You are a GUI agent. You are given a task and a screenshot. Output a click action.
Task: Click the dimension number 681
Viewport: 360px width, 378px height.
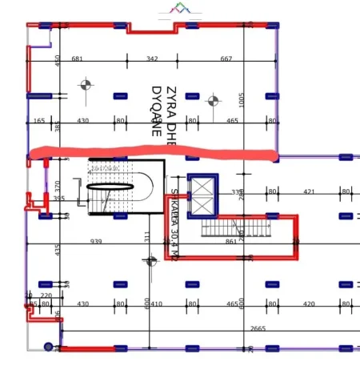pos(78,59)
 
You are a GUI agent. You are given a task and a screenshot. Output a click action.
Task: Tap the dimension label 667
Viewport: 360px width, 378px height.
pos(226,59)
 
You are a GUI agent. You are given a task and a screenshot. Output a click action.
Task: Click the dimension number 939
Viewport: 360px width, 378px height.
pos(96,241)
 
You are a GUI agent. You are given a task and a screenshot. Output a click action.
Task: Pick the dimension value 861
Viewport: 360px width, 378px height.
pos(231,241)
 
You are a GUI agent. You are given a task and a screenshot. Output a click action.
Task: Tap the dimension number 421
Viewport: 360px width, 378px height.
pos(310,191)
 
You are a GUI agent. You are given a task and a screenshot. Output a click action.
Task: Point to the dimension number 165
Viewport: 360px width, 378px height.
pos(39,121)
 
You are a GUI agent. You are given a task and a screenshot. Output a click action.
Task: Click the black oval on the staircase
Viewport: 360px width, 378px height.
pos(110,187)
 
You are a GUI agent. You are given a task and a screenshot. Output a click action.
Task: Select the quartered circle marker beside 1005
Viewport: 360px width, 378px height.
pos(213,101)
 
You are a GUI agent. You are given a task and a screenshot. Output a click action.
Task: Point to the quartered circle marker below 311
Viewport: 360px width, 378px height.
pos(150,260)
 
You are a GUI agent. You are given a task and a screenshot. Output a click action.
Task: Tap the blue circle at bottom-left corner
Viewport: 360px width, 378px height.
pos(48,347)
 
